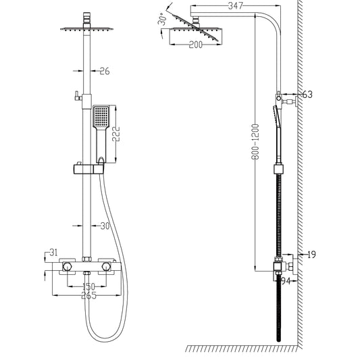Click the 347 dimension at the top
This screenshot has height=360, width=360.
(216, 5)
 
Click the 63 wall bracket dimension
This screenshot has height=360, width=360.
(307, 95)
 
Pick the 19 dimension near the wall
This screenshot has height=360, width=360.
(310, 255)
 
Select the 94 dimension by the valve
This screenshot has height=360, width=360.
(286, 280)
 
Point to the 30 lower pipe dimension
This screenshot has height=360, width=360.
(104, 227)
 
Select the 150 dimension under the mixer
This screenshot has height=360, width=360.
(88, 287)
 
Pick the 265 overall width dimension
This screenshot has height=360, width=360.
(88, 295)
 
